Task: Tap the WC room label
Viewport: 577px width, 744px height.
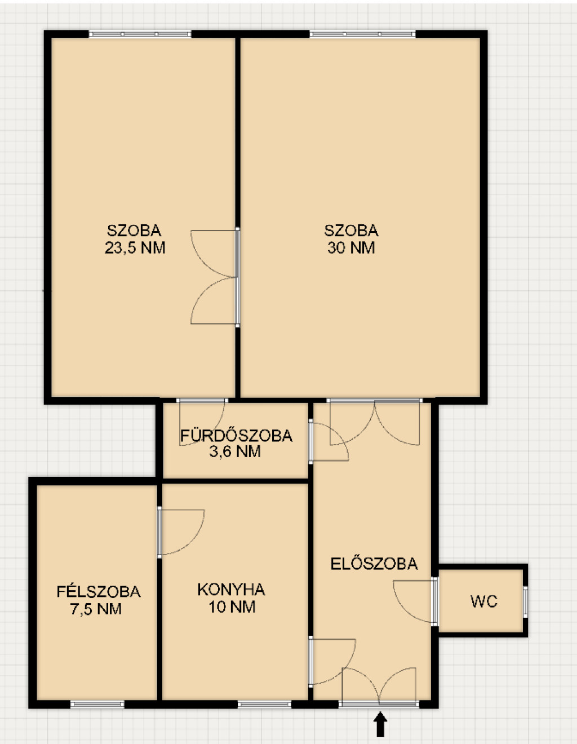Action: coord(484,601)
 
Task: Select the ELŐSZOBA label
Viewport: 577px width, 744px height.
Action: coord(374,563)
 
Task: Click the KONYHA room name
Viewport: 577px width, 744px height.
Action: coord(232,589)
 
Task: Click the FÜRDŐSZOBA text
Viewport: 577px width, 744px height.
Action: coord(236,435)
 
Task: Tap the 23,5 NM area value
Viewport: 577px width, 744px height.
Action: coord(135,247)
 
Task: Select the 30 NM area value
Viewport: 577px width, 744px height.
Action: coord(351,247)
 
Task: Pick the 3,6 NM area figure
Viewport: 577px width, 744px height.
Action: coord(235,451)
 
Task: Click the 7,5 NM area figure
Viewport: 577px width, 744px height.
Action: coord(96,609)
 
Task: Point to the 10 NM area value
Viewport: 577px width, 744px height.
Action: coord(232,606)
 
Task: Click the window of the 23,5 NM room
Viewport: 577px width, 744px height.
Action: coord(140,34)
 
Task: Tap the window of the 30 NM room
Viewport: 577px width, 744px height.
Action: coord(363,34)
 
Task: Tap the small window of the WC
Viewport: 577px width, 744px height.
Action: coord(525,601)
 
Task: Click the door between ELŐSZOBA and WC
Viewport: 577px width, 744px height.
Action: coord(434,601)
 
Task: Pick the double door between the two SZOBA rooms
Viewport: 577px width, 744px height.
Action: coord(237,277)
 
